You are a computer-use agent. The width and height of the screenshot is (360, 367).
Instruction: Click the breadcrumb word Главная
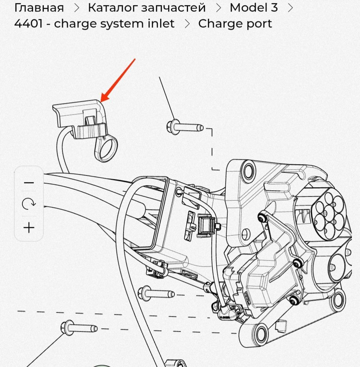[x=39, y=7]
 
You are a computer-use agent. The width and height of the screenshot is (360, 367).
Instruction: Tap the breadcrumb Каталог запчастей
[x=147, y=7]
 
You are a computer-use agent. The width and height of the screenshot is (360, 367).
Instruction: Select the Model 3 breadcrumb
[x=253, y=7]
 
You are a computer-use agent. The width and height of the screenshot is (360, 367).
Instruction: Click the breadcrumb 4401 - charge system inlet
[x=94, y=24]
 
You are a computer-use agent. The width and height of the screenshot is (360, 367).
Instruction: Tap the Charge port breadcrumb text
[x=235, y=24]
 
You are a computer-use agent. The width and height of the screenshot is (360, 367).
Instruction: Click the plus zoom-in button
[x=29, y=227]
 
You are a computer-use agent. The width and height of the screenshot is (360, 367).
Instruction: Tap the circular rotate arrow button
[x=29, y=204]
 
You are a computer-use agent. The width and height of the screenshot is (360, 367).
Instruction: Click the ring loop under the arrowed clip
[x=108, y=150]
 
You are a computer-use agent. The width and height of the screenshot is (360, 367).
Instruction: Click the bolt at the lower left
[x=79, y=328]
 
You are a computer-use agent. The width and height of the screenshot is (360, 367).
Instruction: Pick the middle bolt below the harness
[x=156, y=293]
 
